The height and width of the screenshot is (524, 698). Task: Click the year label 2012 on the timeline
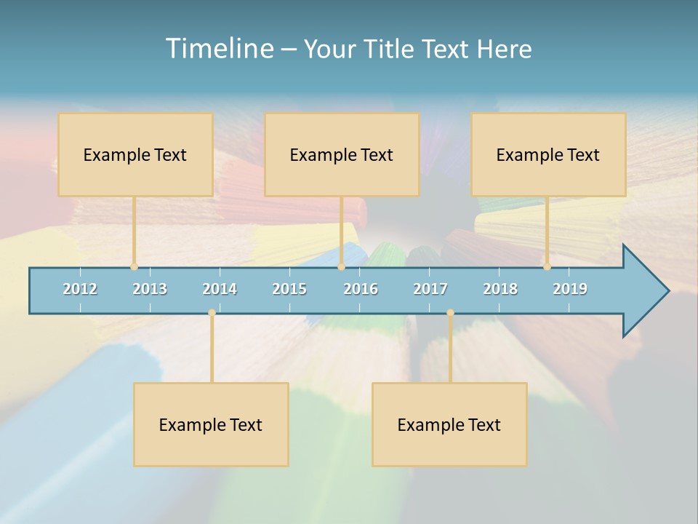pos(80,289)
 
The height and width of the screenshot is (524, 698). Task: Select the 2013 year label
pos(150,289)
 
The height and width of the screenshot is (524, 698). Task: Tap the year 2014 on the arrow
pos(220,289)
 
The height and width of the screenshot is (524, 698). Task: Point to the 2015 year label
pos(289,289)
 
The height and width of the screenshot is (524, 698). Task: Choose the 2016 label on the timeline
pos(361,289)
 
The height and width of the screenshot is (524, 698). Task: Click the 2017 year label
pos(430,289)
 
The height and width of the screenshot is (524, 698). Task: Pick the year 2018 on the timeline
pos(500,289)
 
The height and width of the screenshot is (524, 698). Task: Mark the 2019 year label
pos(570,289)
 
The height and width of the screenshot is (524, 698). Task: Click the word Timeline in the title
pos(217,49)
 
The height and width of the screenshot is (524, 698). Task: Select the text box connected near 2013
pos(135,154)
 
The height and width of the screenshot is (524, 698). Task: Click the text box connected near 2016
pos(342,154)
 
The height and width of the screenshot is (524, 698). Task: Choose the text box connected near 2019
pos(548,154)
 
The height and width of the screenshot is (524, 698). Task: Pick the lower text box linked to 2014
pos(211,424)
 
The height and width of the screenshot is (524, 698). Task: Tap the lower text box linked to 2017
pos(449,424)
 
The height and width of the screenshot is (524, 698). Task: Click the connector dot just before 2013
pos(134,266)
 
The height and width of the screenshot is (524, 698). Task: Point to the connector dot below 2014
pos(212,313)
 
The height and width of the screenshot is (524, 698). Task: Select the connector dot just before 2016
pos(341,266)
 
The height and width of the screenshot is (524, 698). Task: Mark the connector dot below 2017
pos(450,313)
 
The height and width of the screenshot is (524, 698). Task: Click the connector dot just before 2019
pos(547,266)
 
